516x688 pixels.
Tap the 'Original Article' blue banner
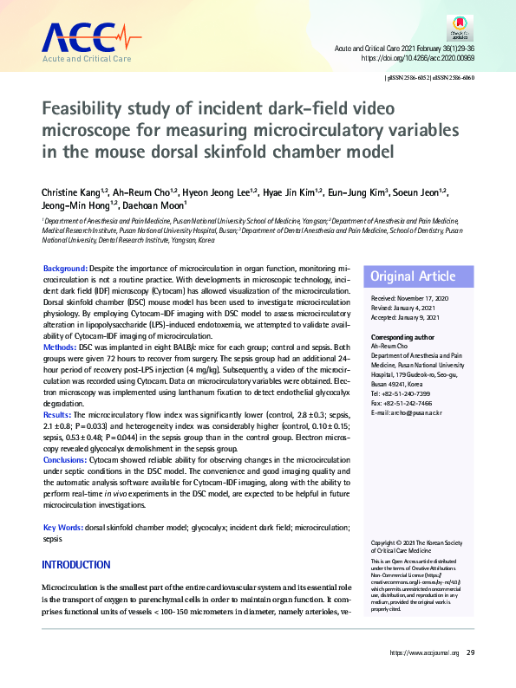413,276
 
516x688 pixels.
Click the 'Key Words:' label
63,528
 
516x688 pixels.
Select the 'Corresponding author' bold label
407,337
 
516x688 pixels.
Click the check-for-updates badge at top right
460,33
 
